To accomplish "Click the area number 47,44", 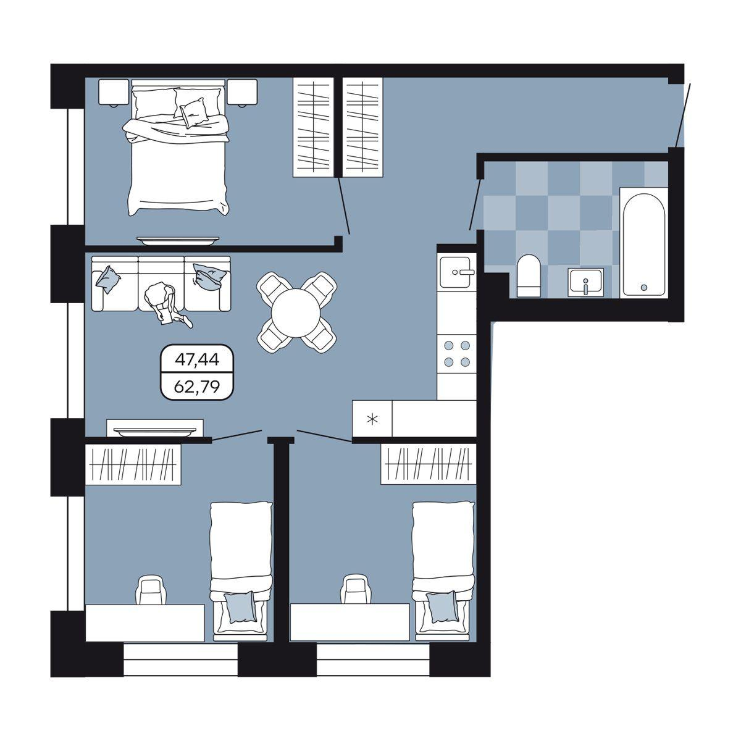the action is (197, 359).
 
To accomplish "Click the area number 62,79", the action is (197, 386).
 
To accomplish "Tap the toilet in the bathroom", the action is (529, 275).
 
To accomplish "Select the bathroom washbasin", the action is (585, 282).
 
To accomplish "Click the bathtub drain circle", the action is (643, 287).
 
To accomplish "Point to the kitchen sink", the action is (456, 272).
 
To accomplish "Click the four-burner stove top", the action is (457, 353).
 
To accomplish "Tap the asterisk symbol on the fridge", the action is (372, 419).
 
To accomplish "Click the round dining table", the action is (295, 312).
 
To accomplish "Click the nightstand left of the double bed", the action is (114, 92).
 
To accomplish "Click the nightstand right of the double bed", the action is (242, 92).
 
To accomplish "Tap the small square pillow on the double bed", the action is (193, 112).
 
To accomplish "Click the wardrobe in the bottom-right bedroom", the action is (429, 464).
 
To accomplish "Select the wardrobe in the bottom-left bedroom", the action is (133, 464).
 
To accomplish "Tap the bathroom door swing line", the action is (475, 204).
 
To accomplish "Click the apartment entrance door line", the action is (684, 115).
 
